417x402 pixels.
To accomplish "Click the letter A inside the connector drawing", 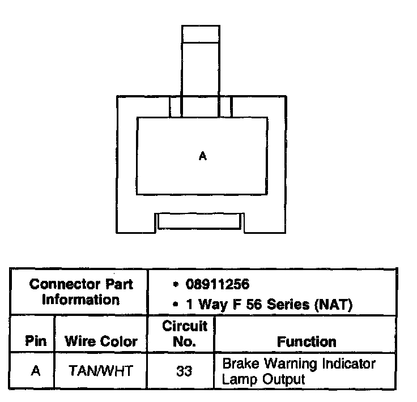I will coord(203,157).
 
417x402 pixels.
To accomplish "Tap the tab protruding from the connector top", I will coord(201,59).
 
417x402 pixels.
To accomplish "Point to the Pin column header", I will coord(36,341).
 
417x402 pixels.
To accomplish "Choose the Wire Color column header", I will coord(101,341).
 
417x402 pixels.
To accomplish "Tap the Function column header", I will coord(306,341).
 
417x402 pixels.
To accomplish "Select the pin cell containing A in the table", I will coord(35,371).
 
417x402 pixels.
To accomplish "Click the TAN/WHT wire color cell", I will coord(101,371).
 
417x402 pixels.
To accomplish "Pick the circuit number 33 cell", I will coord(183,371).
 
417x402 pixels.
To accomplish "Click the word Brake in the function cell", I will coord(237,363).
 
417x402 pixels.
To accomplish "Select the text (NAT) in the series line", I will coord(333,305).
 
